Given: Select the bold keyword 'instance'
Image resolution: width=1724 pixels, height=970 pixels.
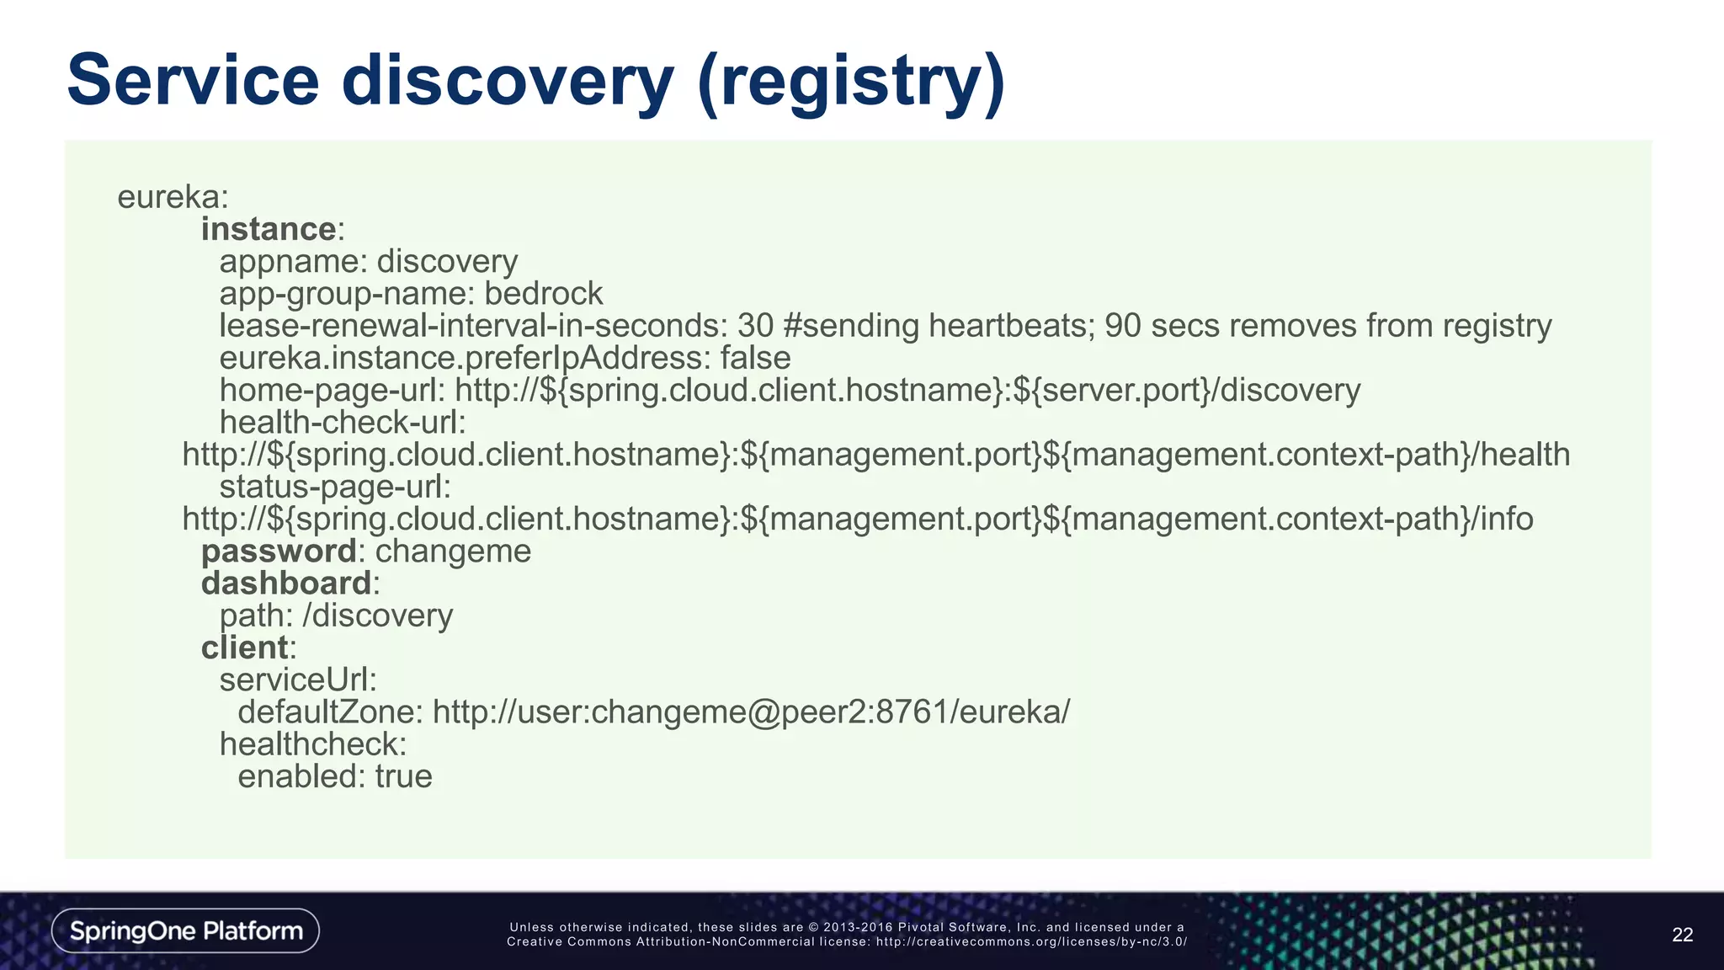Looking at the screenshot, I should (269, 229).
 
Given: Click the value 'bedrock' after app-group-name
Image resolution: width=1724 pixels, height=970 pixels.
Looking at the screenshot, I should (543, 294).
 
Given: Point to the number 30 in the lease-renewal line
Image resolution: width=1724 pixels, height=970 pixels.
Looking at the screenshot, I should (755, 326).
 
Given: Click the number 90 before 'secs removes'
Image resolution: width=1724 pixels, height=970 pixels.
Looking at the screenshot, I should (1122, 326).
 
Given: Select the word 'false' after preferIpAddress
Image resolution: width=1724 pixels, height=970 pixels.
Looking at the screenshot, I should (755, 359).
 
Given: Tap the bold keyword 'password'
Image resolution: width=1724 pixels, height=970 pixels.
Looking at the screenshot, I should (279, 552).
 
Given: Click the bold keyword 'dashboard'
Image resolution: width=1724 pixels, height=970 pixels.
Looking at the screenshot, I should (286, 584).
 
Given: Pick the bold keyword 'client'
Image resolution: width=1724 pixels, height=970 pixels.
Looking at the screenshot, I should (245, 648).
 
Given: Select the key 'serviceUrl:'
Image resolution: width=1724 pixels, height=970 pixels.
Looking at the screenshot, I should (298, 680).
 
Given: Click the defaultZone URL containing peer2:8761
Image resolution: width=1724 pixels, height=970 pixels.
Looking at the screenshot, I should (751, 712).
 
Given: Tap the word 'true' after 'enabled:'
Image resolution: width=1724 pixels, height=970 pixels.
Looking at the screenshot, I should (403, 776).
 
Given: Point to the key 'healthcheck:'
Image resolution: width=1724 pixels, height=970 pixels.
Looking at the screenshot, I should (313, 744).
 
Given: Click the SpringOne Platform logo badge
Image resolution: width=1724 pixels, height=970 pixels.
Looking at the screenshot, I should (185, 930).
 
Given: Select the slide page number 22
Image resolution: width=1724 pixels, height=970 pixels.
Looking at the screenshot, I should (1682, 935).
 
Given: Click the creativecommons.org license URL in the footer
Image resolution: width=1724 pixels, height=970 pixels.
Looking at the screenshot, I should (1031, 942).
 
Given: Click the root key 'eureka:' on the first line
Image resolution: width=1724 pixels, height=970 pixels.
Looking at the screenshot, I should (173, 197).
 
